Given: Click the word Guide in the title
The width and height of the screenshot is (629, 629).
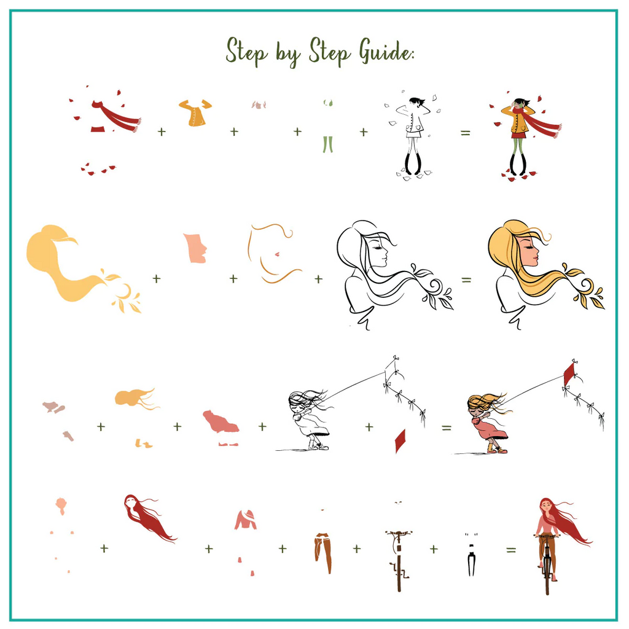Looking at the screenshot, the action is (386, 52).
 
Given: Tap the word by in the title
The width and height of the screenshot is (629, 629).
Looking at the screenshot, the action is (287, 54).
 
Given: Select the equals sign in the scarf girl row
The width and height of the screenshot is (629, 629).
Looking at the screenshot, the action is (466, 133).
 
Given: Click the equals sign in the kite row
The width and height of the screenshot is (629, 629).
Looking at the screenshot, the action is (447, 428).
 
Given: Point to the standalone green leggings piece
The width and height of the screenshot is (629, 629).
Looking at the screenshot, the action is (328, 144).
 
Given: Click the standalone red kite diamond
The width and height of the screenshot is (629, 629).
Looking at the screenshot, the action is (400, 441).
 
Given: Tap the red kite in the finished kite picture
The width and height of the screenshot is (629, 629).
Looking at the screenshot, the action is (569, 373).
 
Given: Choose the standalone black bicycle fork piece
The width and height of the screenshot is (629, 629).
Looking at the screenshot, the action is (471, 560).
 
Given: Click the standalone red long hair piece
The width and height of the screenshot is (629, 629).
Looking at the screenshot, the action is (149, 517).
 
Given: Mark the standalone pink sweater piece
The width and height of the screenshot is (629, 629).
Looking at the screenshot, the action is (246, 520).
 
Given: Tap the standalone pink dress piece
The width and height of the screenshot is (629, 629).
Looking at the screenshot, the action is (221, 421).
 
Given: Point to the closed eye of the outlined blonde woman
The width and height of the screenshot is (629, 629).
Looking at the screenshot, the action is (377, 248).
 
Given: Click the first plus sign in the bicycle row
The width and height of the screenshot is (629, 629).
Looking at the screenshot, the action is (104, 548).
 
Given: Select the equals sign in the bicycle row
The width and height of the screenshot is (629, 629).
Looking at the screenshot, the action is (510, 550).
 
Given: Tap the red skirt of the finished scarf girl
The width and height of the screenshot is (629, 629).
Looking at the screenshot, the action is (518, 135).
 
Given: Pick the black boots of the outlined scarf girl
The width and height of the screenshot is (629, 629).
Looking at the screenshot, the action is (413, 163).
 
